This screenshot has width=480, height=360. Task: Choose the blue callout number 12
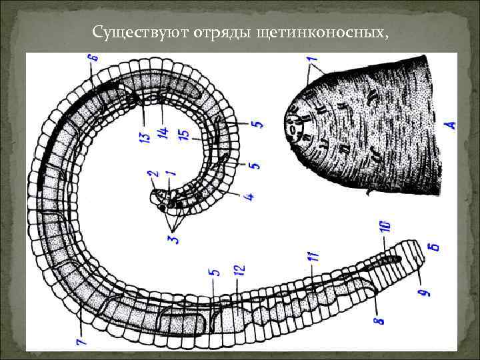[x=239, y=271]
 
